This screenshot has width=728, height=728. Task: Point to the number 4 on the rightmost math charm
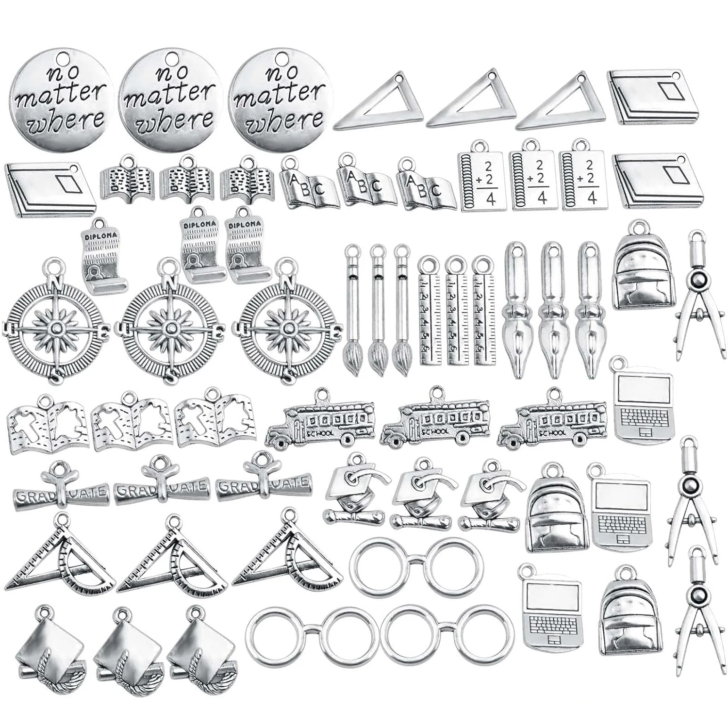click(x=591, y=198)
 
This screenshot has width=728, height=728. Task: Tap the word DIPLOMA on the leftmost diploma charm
click(x=100, y=235)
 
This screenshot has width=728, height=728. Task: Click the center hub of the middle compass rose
click(x=171, y=329)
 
